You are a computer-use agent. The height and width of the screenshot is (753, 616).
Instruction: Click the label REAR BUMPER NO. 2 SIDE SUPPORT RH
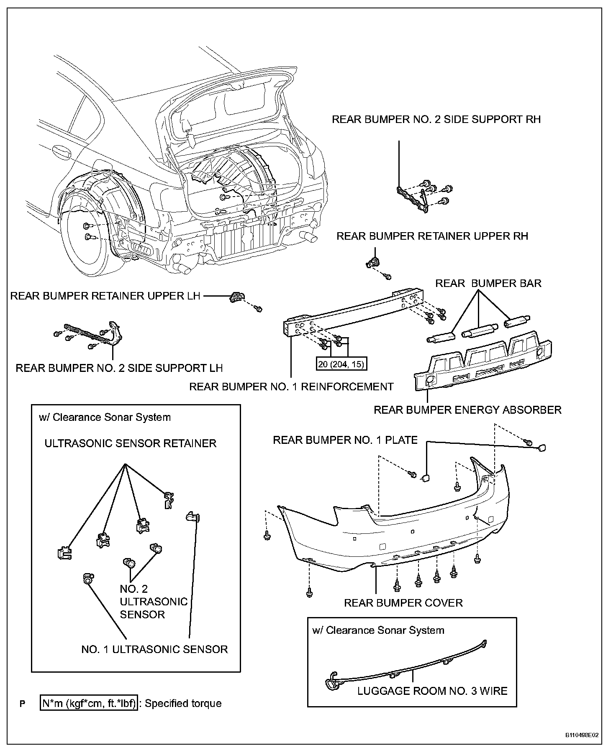pyautogui.click(x=436, y=120)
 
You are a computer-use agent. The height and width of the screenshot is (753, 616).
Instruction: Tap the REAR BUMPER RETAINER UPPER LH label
pyautogui.click(x=105, y=296)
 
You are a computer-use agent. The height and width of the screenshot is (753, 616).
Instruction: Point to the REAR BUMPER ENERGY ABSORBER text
pyautogui.click(x=467, y=410)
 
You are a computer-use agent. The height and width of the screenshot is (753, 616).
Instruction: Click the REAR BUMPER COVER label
pyautogui.click(x=403, y=603)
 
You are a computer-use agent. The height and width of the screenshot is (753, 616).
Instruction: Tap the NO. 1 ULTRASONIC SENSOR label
pyautogui.click(x=154, y=649)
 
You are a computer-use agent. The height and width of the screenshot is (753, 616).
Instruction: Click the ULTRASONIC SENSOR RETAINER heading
pyautogui.click(x=130, y=443)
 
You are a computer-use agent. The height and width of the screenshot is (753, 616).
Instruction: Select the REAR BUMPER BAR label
pyautogui.click(x=488, y=283)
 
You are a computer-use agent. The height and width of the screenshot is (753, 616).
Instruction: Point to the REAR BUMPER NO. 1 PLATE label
pyautogui.click(x=345, y=440)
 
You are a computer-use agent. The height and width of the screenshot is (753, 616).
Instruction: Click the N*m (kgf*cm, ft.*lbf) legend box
pyautogui.click(x=89, y=704)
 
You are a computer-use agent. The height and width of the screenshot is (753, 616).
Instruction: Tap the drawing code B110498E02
pyautogui.click(x=582, y=735)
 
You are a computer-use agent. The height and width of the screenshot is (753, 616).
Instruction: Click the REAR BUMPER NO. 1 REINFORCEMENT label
pyautogui.click(x=291, y=387)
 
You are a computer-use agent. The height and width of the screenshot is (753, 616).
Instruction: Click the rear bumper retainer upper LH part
pyautogui.click(x=236, y=297)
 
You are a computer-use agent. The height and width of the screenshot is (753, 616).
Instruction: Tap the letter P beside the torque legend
pyautogui.click(x=23, y=704)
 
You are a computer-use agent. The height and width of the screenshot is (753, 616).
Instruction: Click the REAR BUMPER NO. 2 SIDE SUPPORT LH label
pyautogui.click(x=119, y=368)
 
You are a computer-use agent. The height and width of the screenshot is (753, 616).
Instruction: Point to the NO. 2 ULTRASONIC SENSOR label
pyautogui.click(x=153, y=602)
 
